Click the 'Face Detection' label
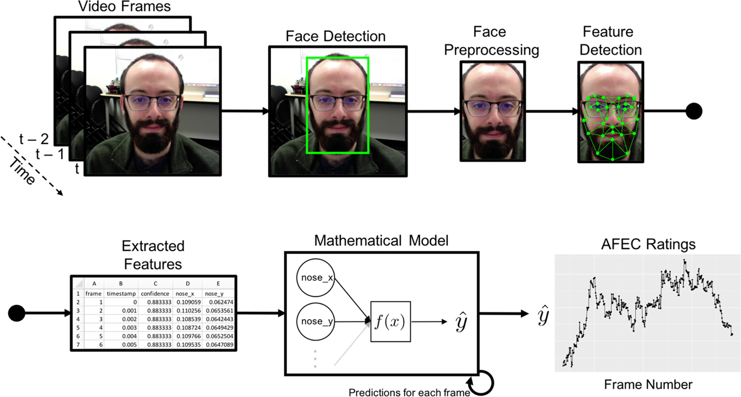point(336,36)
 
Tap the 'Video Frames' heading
point(124,6)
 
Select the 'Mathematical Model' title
point(381,240)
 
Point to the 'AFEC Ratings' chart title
point(648,244)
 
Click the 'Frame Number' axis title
point(648,384)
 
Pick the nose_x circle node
point(316,277)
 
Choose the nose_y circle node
point(316,321)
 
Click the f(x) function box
point(391,321)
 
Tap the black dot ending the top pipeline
point(694,111)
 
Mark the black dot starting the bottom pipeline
point(16,313)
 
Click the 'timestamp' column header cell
point(121,294)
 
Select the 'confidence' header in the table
point(155,294)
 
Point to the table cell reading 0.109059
point(188,302)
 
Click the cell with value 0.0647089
point(220,345)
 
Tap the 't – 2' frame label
point(34,139)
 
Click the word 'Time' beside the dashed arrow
point(22,171)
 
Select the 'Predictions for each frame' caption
point(409,392)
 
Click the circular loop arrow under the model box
point(493,383)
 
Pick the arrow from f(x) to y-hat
point(429,321)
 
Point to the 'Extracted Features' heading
point(153,255)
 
